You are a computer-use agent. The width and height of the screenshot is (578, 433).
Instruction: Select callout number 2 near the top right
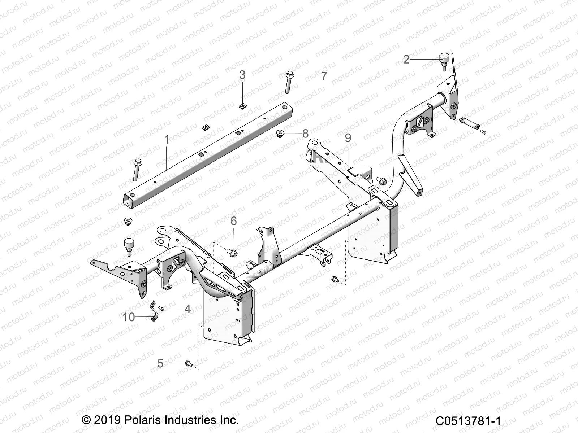click(x=406, y=60)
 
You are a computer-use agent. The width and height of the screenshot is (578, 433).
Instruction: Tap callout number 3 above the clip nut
click(x=242, y=75)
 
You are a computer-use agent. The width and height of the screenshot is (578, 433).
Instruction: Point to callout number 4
click(x=187, y=309)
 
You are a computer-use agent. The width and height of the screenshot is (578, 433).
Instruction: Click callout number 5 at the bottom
click(x=160, y=363)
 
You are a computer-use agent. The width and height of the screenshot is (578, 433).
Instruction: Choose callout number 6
click(x=234, y=221)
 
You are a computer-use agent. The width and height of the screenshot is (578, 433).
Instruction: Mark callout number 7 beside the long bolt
click(x=324, y=76)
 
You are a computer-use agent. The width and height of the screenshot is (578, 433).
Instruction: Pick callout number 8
click(x=305, y=134)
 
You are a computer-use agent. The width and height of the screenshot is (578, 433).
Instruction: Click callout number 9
click(x=348, y=138)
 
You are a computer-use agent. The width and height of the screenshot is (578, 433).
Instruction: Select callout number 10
click(x=129, y=317)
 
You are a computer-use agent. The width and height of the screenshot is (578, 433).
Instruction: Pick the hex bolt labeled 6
click(x=233, y=253)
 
